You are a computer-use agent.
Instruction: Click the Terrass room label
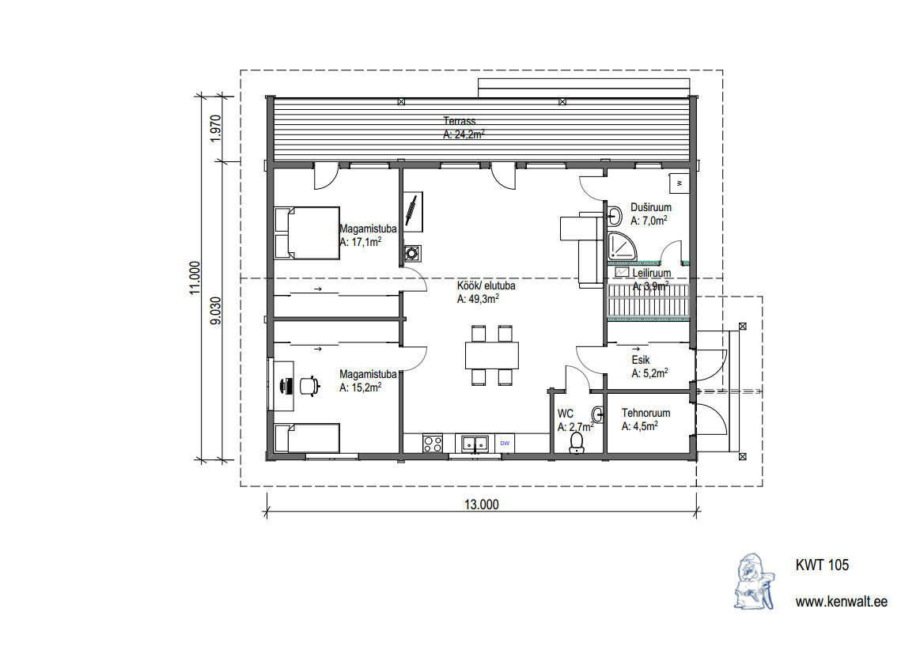(460, 122)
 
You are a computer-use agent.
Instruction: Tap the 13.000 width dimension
(481, 505)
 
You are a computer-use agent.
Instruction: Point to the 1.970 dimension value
(216, 128)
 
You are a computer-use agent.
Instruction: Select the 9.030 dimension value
(216, 311)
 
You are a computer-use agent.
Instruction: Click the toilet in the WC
(577, 442)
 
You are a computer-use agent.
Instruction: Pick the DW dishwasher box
(505, 443)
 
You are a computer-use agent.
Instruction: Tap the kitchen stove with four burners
(433, 443)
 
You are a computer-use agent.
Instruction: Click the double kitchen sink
(475, 443)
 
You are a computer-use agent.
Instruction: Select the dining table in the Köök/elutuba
(492, 355)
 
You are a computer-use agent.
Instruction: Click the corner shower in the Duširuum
(621, 247)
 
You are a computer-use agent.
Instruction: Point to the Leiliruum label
(651, 274)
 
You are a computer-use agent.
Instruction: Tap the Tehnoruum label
(646, 413)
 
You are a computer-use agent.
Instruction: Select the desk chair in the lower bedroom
(309, 386)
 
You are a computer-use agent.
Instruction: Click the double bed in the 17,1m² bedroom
(307, 233)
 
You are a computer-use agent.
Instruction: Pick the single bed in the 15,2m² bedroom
(307, 438)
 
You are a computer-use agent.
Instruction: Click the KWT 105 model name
(822, 565)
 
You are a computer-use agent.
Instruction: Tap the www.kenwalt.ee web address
(842, 602)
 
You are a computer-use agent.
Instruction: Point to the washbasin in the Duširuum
(614, 216)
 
